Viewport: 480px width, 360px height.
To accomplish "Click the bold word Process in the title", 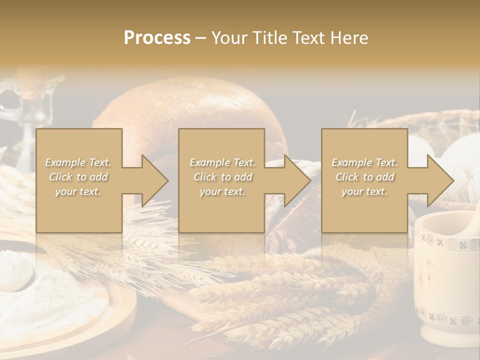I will point(157,38).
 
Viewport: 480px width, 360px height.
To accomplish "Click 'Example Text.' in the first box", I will point(78,162).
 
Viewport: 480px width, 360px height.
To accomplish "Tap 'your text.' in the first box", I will point(78,191).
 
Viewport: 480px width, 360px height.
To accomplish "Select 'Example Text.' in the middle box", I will point(222,162).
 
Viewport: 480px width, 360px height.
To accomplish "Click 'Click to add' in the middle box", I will point(222,177).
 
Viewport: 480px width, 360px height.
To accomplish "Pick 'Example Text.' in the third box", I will point(364,162).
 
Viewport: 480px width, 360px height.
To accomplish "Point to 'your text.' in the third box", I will point(364,191).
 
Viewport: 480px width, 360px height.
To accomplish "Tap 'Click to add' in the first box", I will point(78,177).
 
